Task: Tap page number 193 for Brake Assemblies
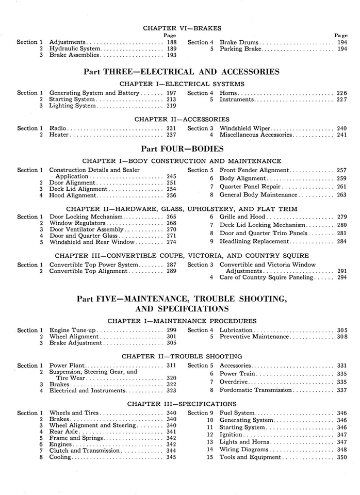tap(171, 55)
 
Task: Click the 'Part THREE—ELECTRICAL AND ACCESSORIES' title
tap(182, 72)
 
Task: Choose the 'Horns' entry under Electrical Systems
tap(229, 93)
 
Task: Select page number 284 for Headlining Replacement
tap(341, 242)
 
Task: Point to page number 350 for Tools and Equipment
tap(341, 457)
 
